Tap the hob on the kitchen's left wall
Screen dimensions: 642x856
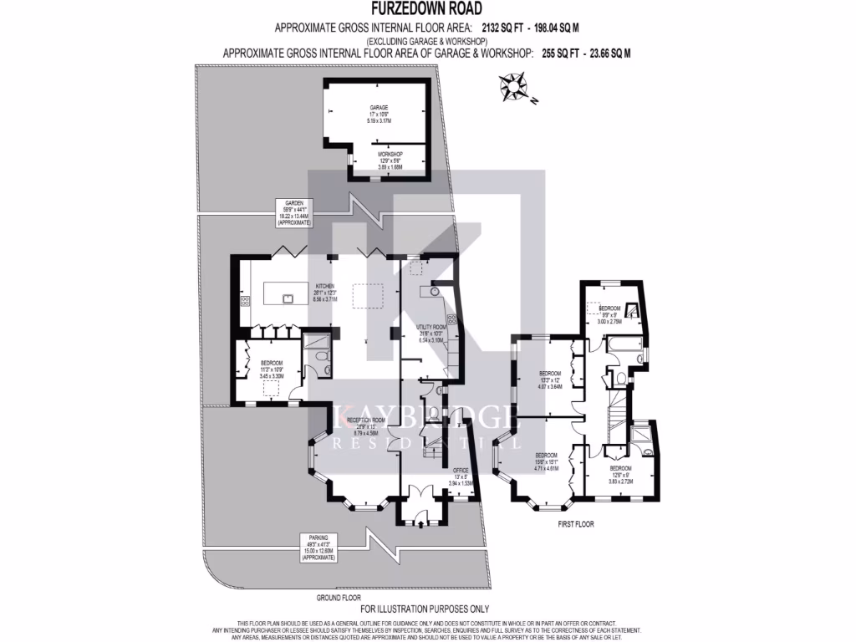point(245,301)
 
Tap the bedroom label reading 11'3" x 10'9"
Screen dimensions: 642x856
point(272,369)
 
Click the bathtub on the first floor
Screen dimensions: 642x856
point(624,344)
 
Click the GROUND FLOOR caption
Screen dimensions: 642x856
point(339,598)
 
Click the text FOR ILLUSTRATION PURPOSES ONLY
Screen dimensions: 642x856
point(427,609)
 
